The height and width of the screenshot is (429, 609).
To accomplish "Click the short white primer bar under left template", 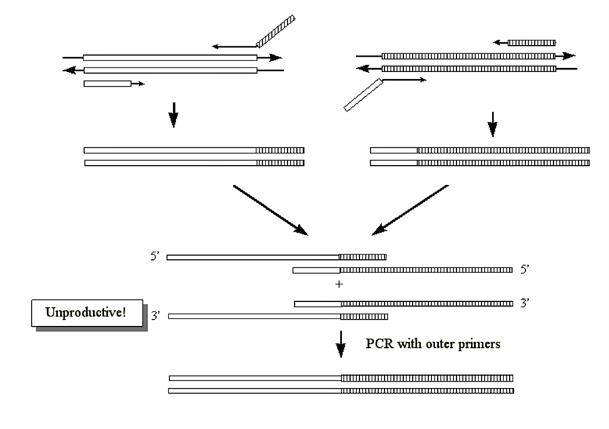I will (108, 84).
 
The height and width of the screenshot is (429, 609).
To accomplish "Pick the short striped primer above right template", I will (531, 43).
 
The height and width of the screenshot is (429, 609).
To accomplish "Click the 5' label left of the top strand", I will (156, 256).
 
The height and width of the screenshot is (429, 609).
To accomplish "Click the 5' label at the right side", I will (524, 270).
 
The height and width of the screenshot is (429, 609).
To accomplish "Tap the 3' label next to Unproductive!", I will (156, 317).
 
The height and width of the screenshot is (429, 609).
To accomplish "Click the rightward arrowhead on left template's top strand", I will (276, 57).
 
